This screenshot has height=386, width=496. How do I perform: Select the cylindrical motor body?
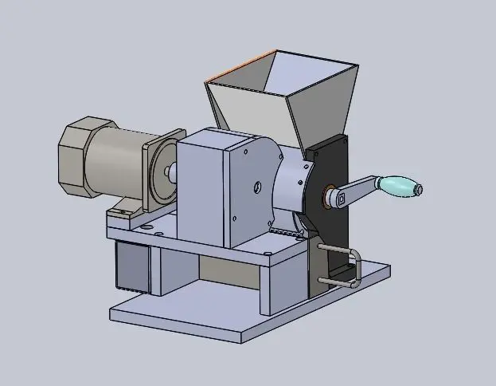(x=115, y=163)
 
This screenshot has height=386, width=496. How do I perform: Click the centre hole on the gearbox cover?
(x=256, y=188)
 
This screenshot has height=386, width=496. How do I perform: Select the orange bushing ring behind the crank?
(x=325, y=195)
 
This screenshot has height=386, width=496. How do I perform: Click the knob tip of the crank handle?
(x=418, y=190)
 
